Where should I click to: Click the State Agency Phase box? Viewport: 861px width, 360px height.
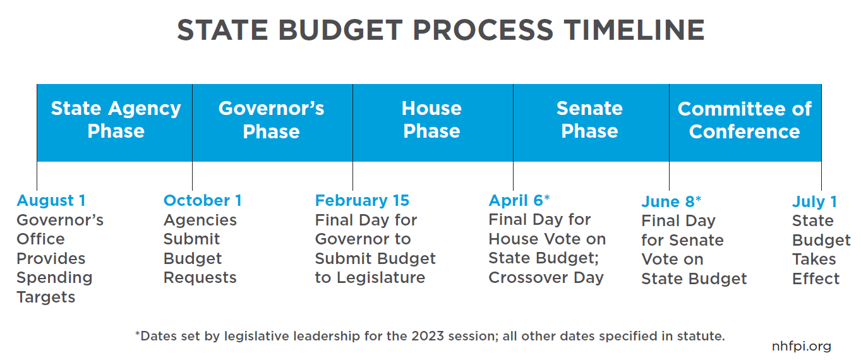114,123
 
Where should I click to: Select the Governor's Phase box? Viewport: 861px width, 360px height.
272,123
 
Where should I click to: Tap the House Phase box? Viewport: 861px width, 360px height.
433,123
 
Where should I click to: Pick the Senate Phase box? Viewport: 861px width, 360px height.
591,123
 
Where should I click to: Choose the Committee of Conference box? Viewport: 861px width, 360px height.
745,123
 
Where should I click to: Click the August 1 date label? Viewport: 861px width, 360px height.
51,201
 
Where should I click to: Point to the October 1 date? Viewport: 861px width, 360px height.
203,201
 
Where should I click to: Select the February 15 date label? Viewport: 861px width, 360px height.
362,201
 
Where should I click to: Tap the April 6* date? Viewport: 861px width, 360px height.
519,200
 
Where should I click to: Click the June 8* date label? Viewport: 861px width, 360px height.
671,201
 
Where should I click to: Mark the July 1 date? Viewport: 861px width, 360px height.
814,201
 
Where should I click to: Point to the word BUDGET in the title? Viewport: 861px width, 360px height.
340,30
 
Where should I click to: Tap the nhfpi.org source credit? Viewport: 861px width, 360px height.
802,346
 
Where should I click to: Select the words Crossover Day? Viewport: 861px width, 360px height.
546,278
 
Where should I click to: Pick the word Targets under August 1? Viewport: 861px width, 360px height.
45,297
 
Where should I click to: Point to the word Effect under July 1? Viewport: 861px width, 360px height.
816,279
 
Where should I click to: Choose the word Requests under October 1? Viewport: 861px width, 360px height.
200,278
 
